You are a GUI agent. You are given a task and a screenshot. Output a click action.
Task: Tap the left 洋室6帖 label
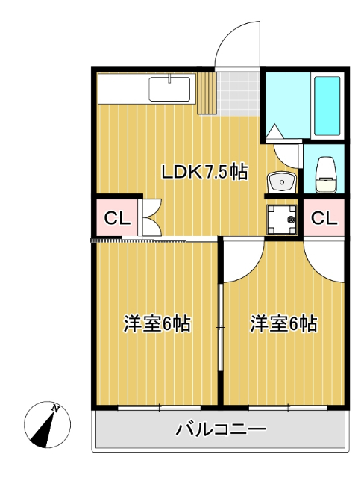[x=157, y=324]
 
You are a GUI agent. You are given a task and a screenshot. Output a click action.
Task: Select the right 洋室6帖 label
[x=284, y=324]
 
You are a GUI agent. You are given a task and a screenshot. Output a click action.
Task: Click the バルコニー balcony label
[x=221, y=430]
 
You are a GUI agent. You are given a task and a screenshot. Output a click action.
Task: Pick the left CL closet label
[x=116, y=219]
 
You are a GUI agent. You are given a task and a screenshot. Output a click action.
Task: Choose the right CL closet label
[x=323, y=218]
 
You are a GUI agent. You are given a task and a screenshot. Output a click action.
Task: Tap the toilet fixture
[x=325, y=173]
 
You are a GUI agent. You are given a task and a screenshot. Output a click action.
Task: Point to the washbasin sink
[x=281, y=180]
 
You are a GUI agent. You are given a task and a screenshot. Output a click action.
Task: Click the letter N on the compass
[x=56, y=409]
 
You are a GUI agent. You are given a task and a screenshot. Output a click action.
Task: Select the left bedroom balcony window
[x=159, y=408]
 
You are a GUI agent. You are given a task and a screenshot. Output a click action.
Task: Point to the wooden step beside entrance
[x=207, y=92]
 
